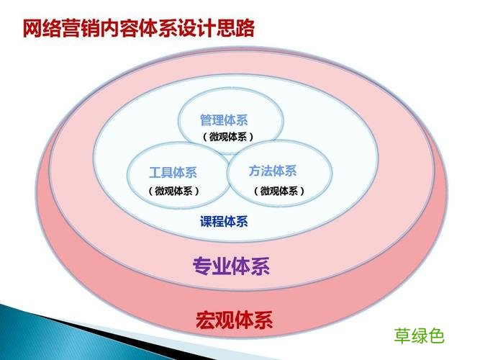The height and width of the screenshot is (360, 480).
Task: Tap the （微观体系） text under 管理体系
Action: (x=227, y=137)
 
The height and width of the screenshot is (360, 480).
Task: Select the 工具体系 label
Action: (x=173, y=173)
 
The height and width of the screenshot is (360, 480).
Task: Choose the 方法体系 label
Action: (x=273, y=171)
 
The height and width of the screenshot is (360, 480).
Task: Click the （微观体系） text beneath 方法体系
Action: (x=279, y=191)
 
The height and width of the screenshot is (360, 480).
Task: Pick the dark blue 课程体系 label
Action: (x=224, y=221)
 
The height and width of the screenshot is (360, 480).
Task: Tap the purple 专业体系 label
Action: (x=231, y=268)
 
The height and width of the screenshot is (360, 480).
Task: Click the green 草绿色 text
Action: (x=420, y=335)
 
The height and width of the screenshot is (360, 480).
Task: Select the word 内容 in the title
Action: (x=132, y=29)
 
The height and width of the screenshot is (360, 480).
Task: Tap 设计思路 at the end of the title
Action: (x=224, y=29)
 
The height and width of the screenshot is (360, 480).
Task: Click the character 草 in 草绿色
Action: (x=402, y=335)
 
